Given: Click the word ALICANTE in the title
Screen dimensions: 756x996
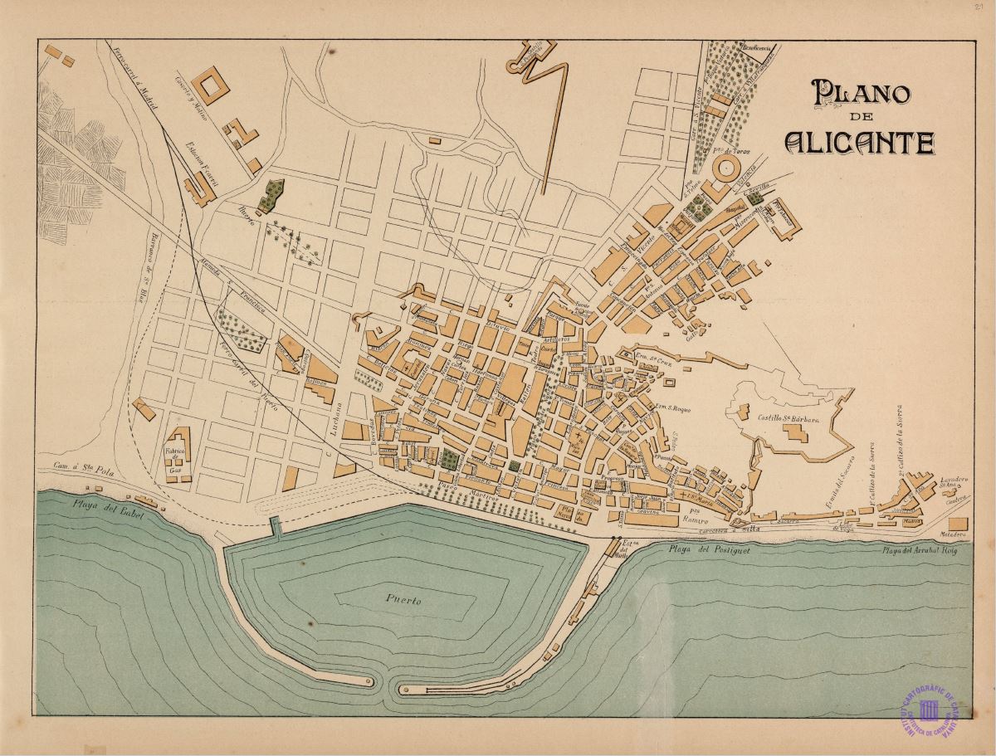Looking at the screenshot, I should click(860, 143).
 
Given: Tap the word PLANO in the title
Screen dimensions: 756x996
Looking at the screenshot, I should click(861, 92).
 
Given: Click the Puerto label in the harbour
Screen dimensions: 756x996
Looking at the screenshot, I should click(403, 598).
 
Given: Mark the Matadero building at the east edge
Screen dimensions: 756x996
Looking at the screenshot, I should click(957, 524).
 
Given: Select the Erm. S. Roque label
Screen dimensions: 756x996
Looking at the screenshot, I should click(672, 407).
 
